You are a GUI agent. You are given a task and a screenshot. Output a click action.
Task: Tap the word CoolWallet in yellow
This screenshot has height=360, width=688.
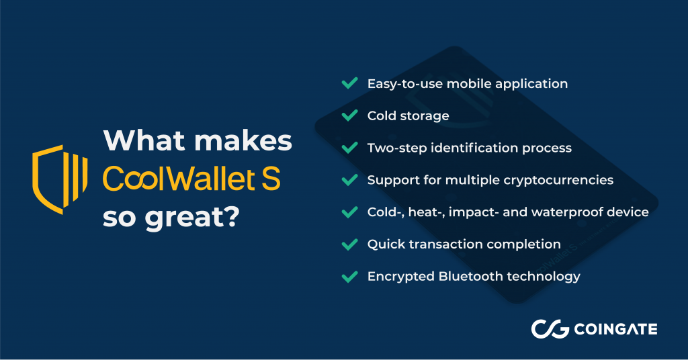click(179, 179)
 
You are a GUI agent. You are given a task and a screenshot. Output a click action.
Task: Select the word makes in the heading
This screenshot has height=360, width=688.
click(243, 141)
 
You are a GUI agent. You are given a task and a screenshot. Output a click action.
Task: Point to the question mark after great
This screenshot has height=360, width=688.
click(230, 216)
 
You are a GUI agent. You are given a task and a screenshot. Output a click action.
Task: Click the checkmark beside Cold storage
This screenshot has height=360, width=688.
click(349, 116)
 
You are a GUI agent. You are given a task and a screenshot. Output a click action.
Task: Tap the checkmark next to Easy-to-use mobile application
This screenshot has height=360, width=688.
click(349, 83)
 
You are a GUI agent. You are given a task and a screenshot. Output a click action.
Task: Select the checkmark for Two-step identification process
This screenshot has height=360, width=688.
click(349, 148)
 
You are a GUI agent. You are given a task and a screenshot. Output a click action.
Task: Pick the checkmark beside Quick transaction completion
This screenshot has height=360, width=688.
click(349, 244)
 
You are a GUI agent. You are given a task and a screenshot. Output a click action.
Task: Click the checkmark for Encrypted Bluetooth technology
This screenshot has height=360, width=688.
click(349, 277)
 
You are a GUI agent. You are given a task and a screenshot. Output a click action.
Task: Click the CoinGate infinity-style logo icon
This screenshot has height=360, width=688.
click(550, 329)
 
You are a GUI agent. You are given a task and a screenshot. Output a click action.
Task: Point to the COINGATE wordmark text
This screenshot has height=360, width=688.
click(615, 329)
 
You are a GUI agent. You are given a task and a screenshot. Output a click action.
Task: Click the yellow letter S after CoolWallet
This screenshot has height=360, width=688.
click(270, 179)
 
